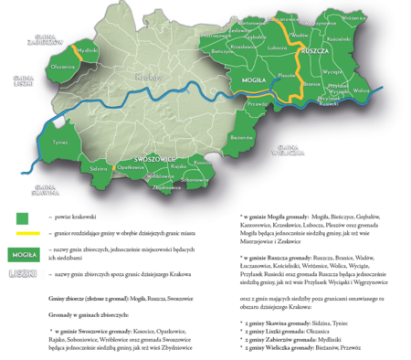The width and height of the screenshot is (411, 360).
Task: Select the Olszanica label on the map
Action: pyautogui.click(x=63, y=67)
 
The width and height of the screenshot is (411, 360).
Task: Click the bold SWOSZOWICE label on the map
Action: pyautogui.click(x=154, y=159)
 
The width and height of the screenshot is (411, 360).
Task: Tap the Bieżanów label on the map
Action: pyautogui.click(x=241, y=136)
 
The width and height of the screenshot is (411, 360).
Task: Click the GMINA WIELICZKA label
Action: pyautogui.click(x=291, y=151)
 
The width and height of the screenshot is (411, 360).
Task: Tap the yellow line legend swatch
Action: pyautogui.click(x=22, y=234)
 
